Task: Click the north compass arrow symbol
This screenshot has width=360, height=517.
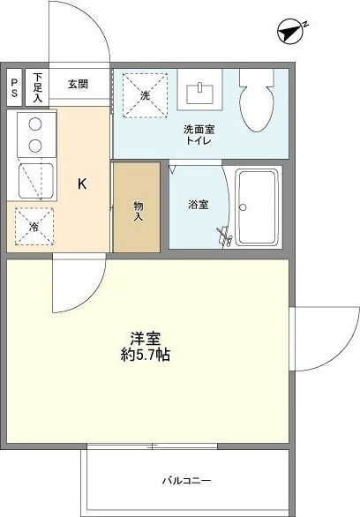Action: click(289, 32)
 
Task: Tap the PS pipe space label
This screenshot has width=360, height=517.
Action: click(14, 86)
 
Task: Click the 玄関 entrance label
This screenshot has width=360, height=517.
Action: click(78, 85)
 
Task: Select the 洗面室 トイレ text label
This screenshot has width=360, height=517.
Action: click(199, 135)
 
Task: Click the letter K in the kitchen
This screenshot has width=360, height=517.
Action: click(82, 184)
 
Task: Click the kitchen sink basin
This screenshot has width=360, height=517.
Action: click(36, 180)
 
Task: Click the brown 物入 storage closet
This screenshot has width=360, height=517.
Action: click(137, 208)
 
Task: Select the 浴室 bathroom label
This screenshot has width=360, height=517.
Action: click(198, 206)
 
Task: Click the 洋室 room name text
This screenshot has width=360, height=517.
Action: click(145, 338)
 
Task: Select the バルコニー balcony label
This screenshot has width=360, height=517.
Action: click(186, 481)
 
